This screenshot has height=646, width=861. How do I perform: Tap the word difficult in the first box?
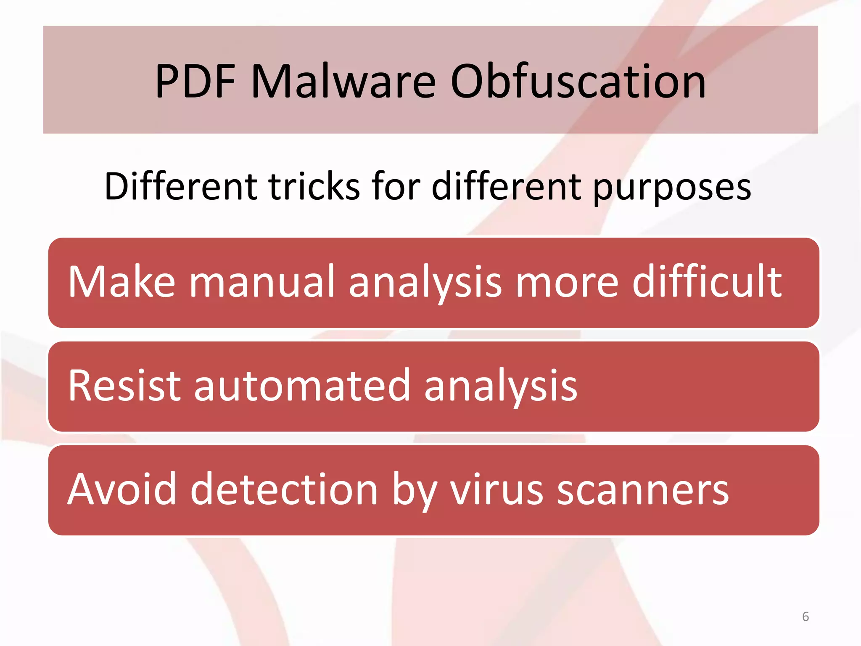point(707,281)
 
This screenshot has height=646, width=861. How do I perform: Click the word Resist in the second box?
point(124,385)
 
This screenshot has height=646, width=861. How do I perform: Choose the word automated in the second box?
point(301,385)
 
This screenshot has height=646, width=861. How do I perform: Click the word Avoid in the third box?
point(122,489)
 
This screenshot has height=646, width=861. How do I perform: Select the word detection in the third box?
point(284,489)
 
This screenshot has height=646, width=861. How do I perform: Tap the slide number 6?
point(806,617)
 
